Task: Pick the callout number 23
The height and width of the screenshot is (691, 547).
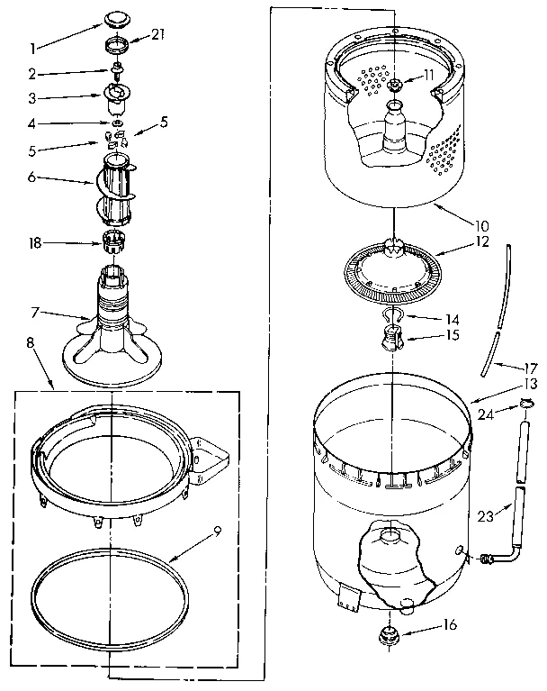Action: point(485,517)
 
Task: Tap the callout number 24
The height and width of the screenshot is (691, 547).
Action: point(486,415)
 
